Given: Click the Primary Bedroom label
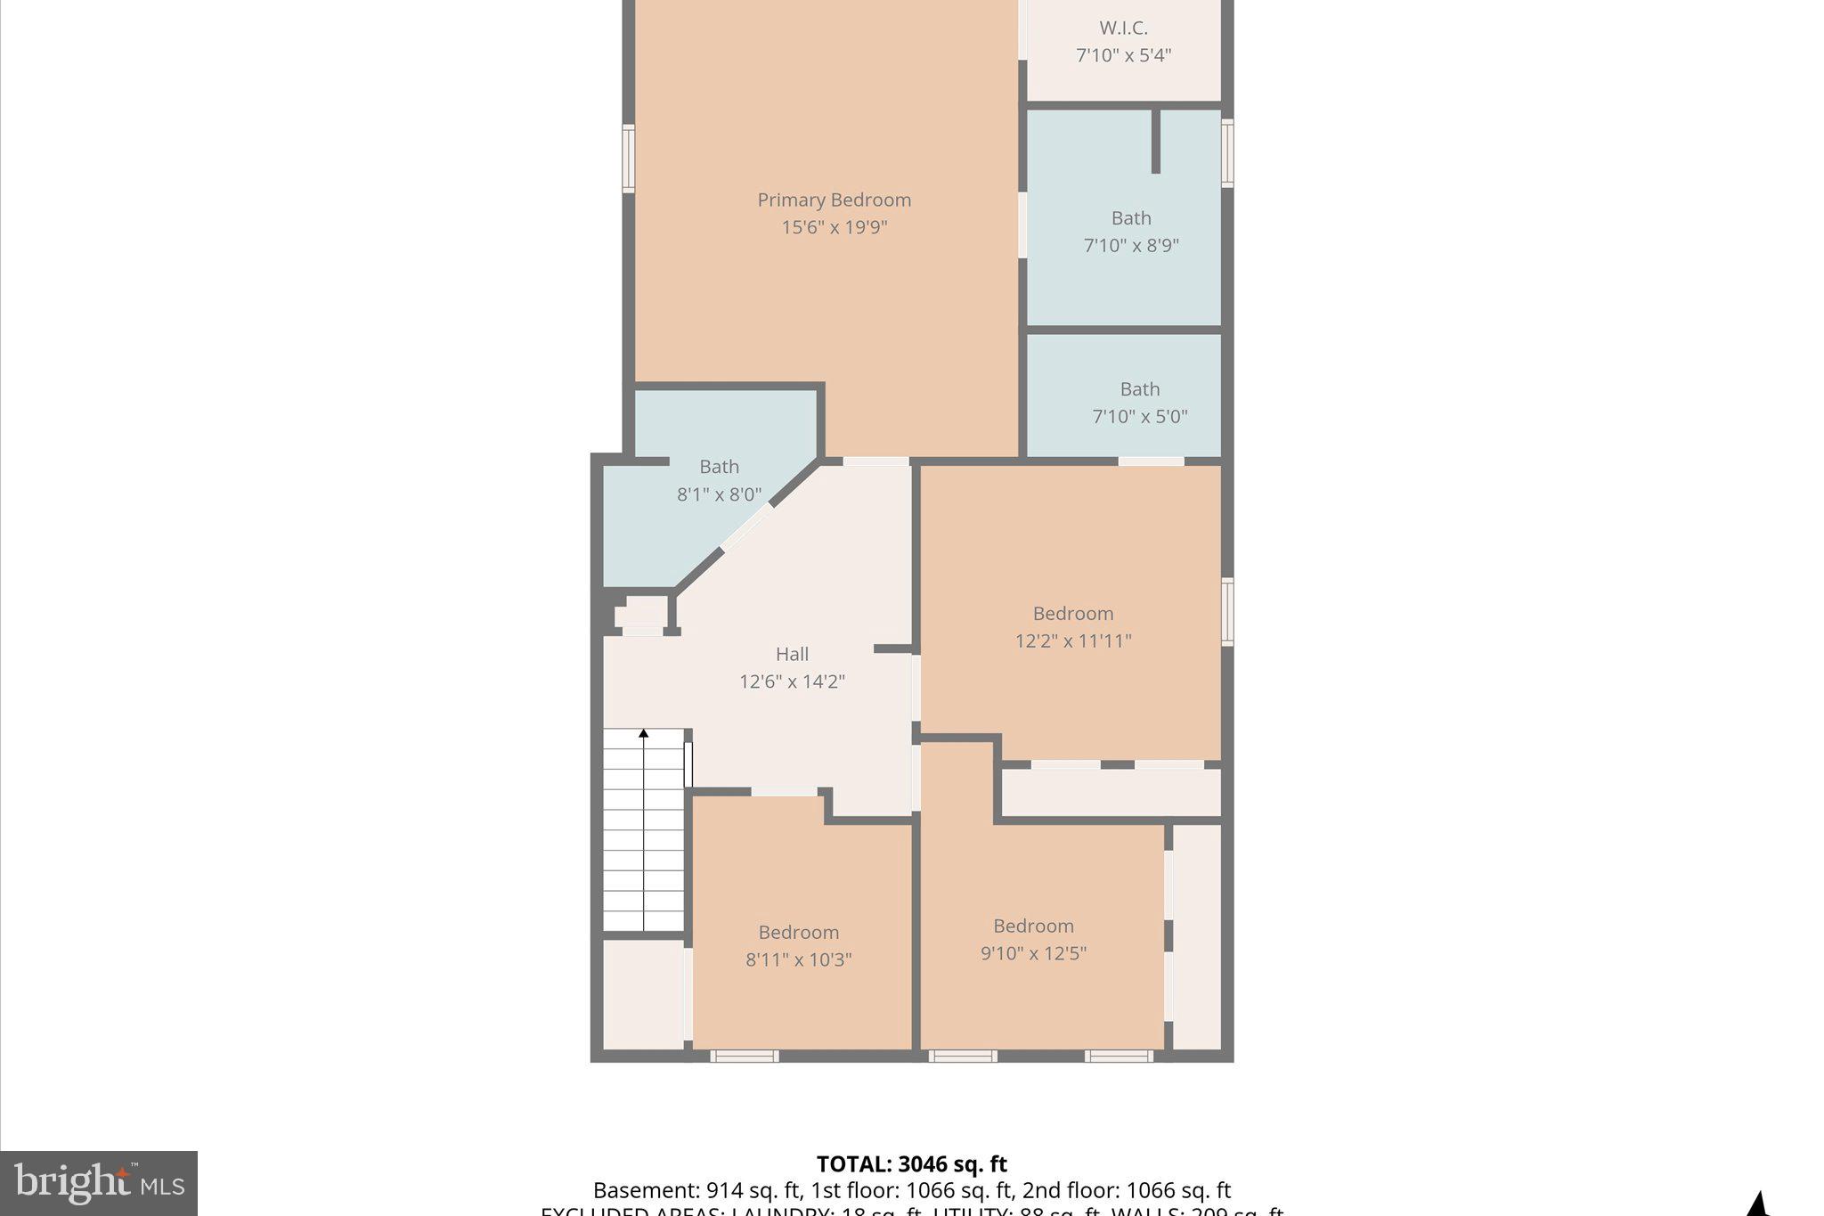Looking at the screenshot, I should (x=834, y=200).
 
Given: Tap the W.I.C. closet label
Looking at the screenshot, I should (x=1123, y=29).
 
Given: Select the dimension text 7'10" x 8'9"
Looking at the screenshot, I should (x=1131, y=245).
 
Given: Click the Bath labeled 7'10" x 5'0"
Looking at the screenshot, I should (x=1139, y=389).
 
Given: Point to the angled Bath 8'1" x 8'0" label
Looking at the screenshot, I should (x=719, y=467).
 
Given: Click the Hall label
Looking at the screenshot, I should (x=792, y=655).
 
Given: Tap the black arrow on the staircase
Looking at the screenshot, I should (x=643, y=734).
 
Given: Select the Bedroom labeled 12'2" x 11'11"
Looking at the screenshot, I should (x=1072, y=614).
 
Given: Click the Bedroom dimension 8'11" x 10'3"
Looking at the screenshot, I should (x=798, y=959).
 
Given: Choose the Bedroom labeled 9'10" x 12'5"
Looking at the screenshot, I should (x=1033, y=926).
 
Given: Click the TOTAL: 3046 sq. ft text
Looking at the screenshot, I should (x=911, y=1164).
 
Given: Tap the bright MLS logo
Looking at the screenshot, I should (x=99, y=1183).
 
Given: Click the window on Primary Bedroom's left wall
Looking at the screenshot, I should (x=629, y=159).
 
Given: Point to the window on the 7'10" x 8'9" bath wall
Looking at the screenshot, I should (x=1226, y=153).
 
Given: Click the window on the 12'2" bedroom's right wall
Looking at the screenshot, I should (x=1226, y=611).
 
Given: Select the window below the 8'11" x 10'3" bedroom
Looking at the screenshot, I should (x=745, y=1057).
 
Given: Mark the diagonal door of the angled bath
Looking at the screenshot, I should (x=745, y=527).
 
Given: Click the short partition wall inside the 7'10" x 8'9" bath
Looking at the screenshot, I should (x=1155, y=141).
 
